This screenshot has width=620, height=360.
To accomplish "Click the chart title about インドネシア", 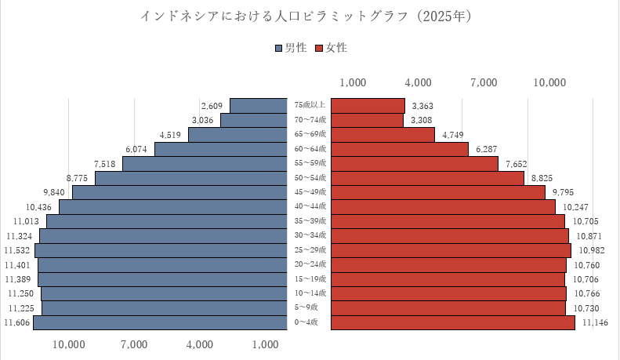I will coord(310,16).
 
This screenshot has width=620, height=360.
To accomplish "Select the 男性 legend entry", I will coord(291,48).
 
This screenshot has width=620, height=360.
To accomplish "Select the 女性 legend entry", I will coord(330,48).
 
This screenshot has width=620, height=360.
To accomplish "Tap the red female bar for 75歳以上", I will coord(368,106).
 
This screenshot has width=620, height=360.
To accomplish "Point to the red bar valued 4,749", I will coord(383,135).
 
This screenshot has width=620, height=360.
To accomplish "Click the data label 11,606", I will coord(17,322).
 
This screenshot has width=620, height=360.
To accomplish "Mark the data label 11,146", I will coord(596,322).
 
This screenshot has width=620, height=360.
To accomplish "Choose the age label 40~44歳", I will coord(310,206).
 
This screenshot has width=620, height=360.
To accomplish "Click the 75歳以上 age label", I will coord(310,106).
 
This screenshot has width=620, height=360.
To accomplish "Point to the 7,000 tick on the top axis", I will coord(484,82).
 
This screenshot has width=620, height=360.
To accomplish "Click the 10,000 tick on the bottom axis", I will coord(69,344).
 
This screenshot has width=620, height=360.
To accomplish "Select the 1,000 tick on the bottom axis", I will coord(266,344).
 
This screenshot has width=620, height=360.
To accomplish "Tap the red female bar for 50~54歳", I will coord(428,178).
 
